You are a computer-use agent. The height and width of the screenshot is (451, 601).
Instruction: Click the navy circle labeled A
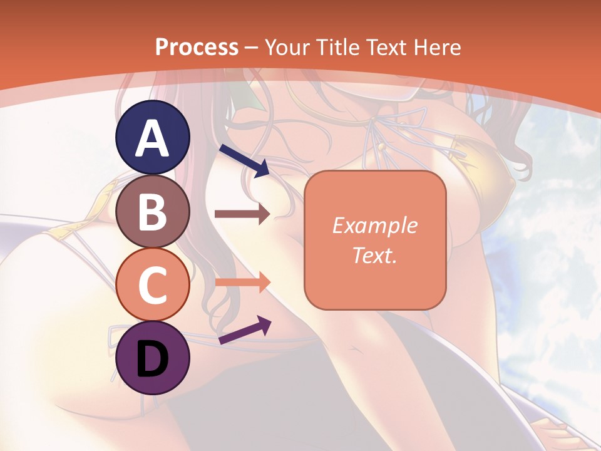(153, 138)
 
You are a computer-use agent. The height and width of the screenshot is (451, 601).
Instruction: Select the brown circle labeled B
(153, 211)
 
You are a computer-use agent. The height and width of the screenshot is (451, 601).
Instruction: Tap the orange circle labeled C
(153, 284)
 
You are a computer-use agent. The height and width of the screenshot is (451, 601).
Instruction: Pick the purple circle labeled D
(153, 358)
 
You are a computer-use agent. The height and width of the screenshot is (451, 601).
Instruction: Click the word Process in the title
(197, 47)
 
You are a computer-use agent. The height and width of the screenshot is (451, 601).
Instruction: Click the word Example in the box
(375, 225)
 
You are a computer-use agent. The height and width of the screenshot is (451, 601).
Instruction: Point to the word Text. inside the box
(375, 255)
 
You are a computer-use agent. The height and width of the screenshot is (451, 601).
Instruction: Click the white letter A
(153, 139)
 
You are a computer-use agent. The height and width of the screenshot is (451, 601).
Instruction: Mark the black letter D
(153, 358)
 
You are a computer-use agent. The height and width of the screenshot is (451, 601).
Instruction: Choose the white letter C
(153, 285)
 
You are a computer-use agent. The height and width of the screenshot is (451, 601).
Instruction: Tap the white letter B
(153, 212)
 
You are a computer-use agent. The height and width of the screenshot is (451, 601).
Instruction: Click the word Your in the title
(287, 47)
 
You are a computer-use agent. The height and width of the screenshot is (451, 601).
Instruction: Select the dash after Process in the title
(252, 48)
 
